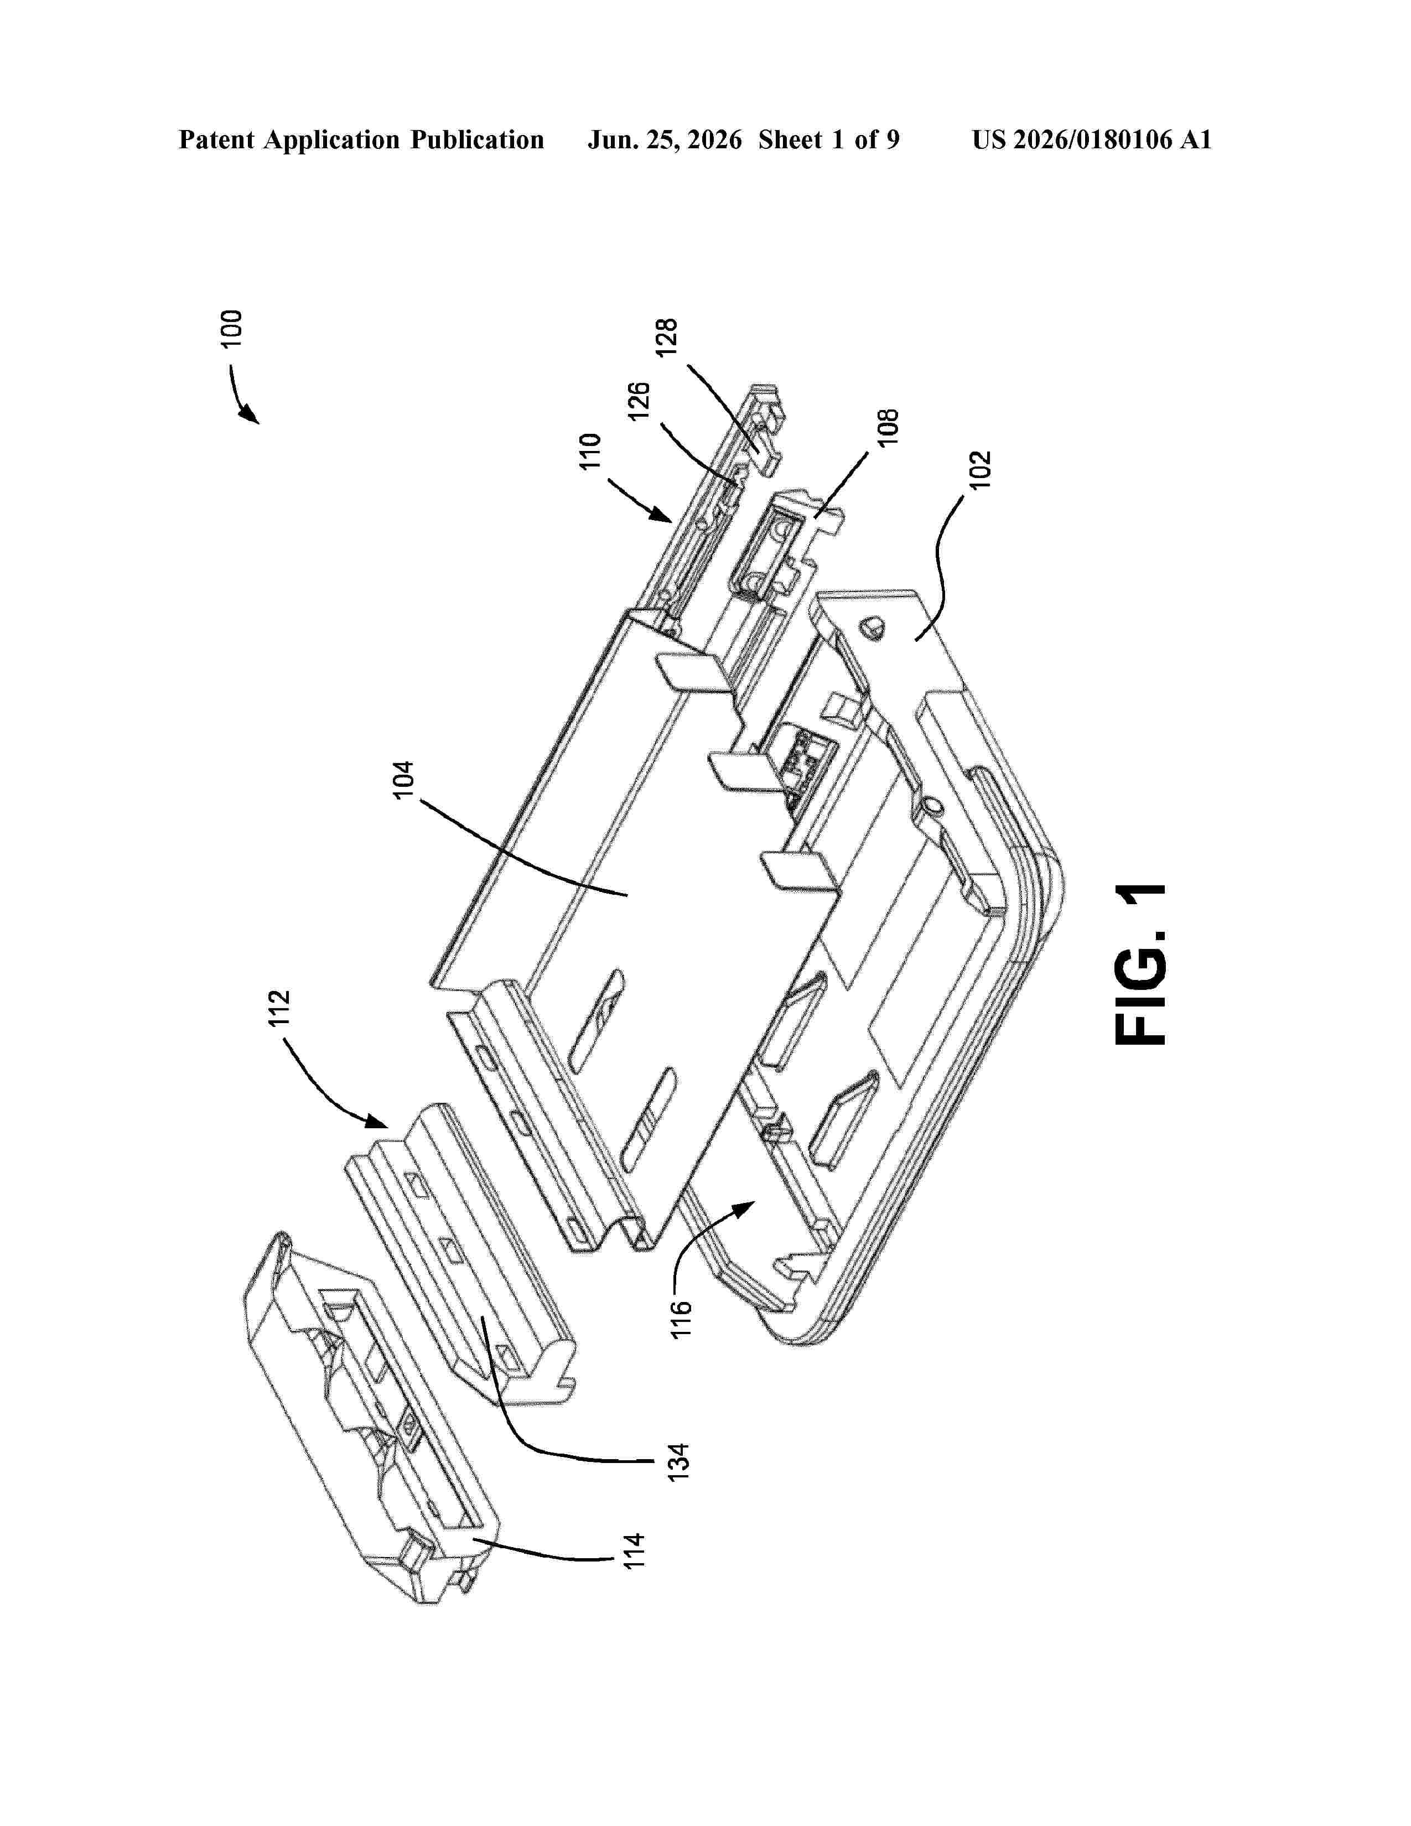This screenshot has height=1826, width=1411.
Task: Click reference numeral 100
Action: [x=231, y=328]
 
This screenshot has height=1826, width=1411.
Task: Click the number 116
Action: [x=682, y=1319]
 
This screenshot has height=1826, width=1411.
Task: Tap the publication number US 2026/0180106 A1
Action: [x=1092, y=139]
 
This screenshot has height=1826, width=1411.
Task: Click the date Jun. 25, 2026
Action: [x=665, y=139]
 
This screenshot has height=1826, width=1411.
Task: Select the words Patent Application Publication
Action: [x=361, y=139]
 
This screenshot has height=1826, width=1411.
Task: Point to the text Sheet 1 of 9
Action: [x=829, y=139]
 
